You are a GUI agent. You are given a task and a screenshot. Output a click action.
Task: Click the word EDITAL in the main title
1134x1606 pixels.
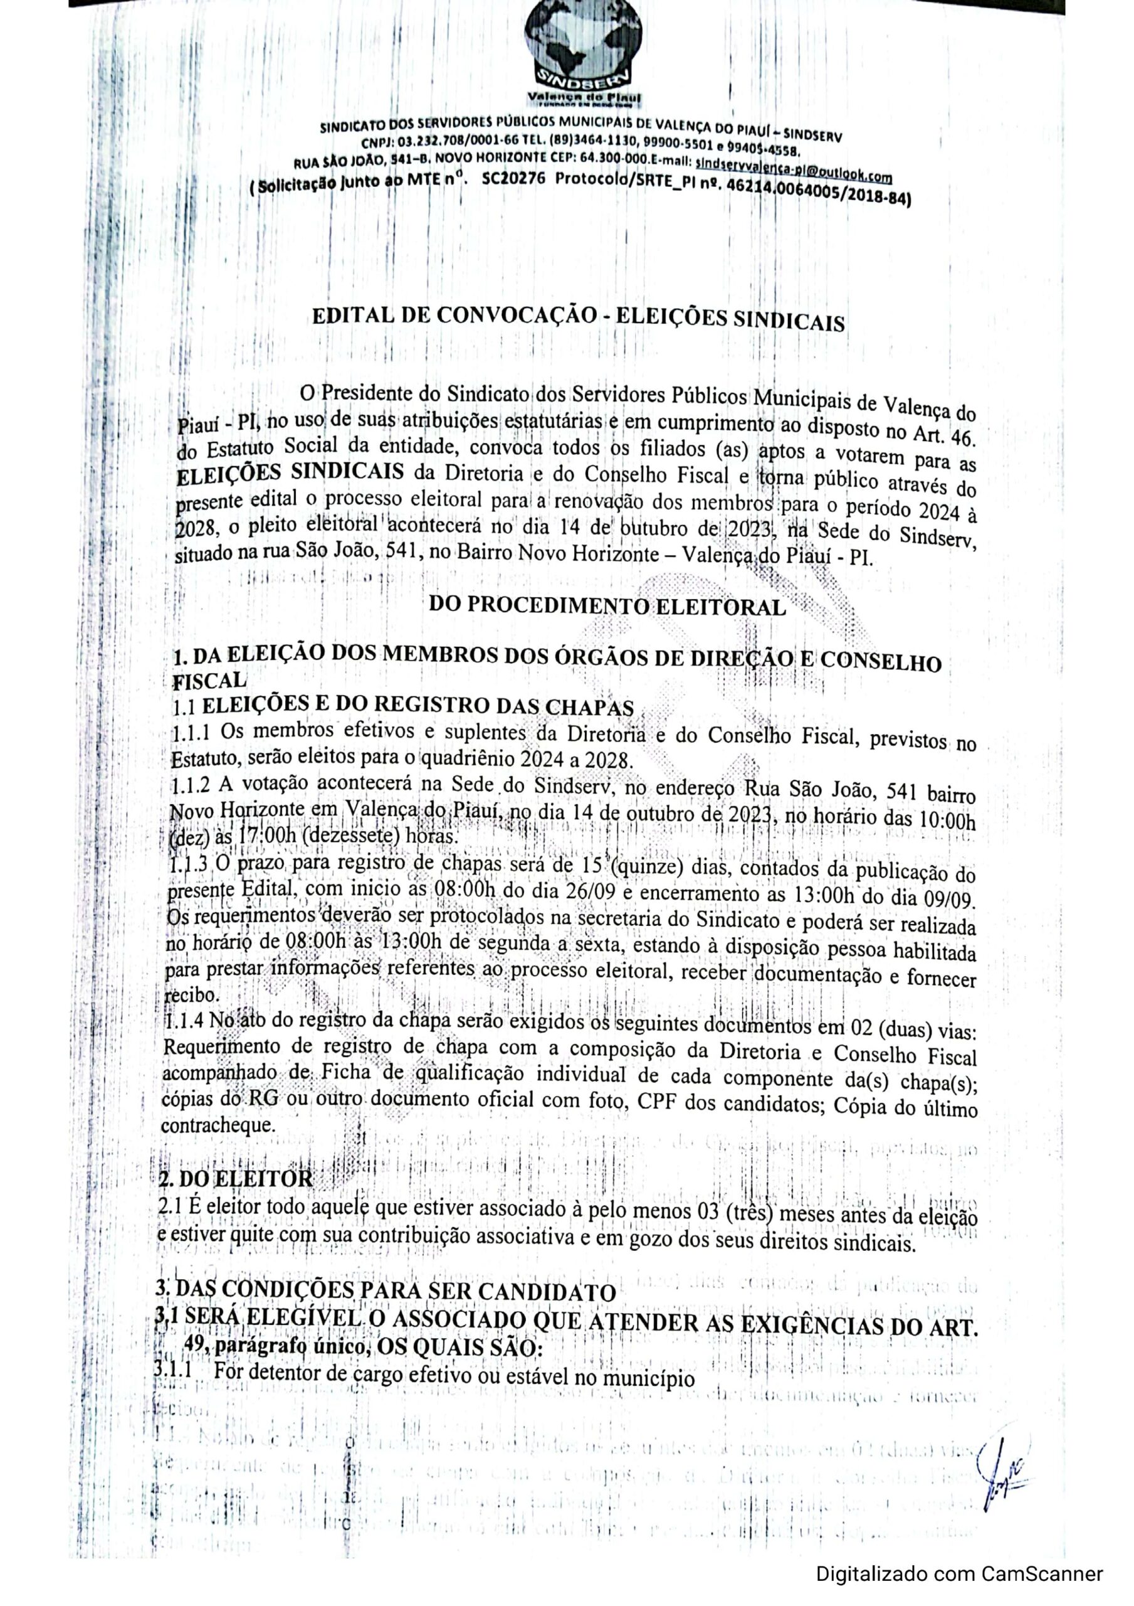click(351, 316)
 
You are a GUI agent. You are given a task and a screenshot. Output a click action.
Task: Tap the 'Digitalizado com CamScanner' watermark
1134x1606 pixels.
click(959, 1569)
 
